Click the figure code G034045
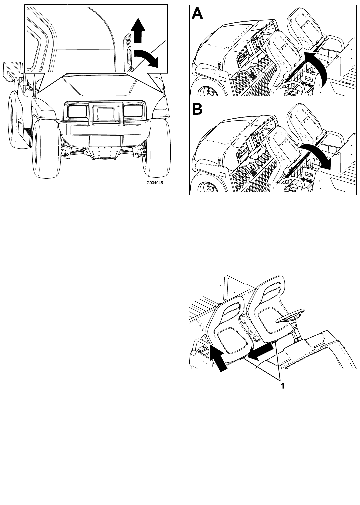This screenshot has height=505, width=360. tap(155, 183)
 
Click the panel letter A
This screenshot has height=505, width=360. tap(197, 14)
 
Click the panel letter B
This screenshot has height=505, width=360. tap(197, 109)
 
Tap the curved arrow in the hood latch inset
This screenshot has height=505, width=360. tap(146, 57)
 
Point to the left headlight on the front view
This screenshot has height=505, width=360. tap(77, 111)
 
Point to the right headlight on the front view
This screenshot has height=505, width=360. tap(133, 111)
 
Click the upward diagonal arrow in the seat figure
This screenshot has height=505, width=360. tap(218, 361)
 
